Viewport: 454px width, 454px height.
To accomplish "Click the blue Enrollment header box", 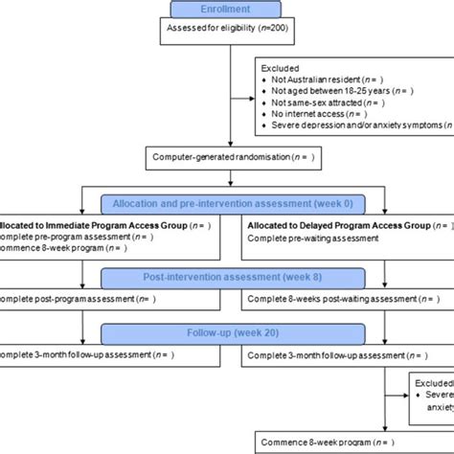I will [227, 9].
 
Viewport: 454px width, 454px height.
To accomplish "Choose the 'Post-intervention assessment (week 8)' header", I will [227, 278].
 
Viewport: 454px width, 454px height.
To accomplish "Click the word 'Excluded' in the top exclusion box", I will [283, 70].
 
